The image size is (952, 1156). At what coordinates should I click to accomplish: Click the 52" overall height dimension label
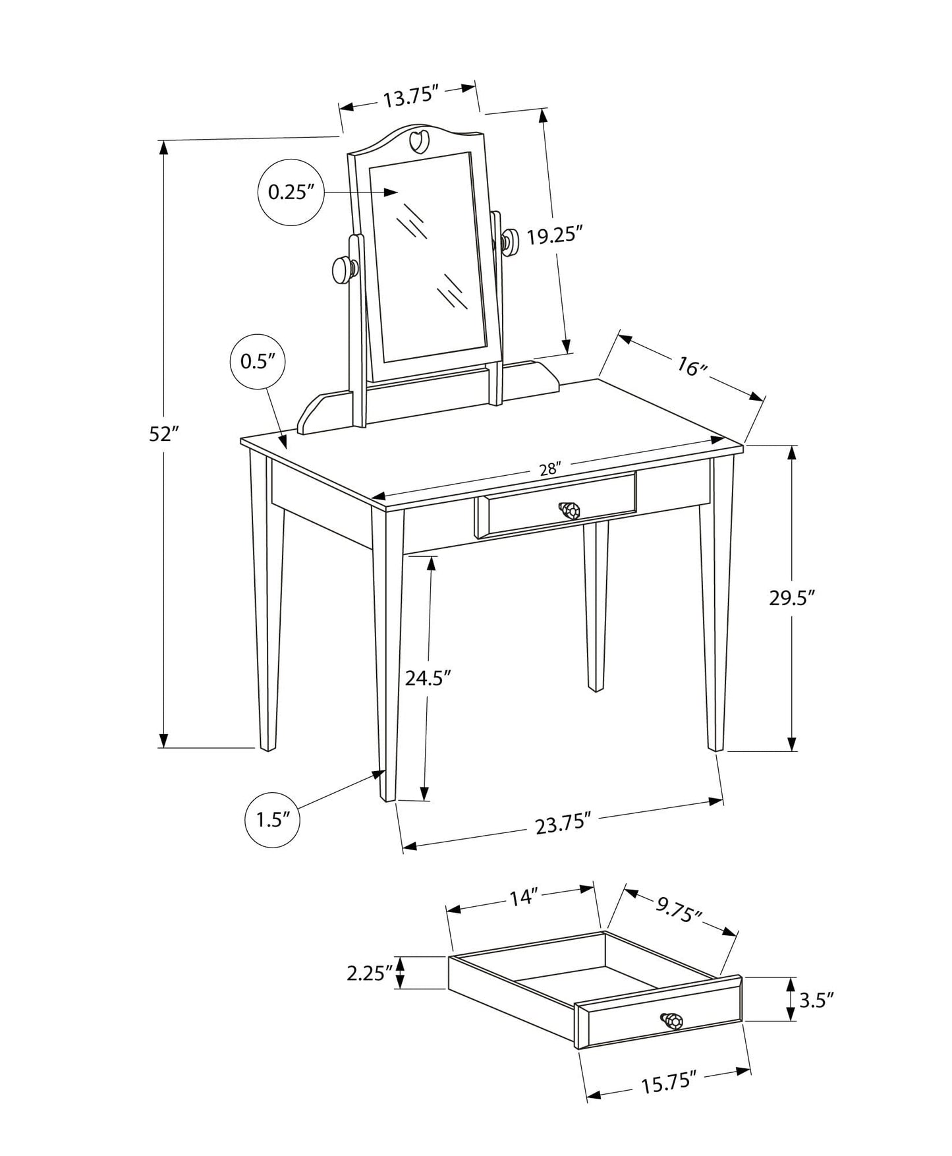click(x=164, y=434)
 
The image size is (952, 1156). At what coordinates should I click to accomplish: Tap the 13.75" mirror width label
click(x=411, y=98)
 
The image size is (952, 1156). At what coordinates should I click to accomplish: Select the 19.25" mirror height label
click(x=555, y=235)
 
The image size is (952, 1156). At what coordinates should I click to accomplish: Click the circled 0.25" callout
click(x=291, y=192)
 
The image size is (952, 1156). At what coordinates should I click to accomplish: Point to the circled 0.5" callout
click(x=258, y=361)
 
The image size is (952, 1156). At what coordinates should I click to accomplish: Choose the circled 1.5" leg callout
click(x=273, y=820)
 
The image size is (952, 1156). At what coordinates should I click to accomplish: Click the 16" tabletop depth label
click(x=691, y=368)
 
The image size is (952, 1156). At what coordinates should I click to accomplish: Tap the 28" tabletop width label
click(x=549, y=469)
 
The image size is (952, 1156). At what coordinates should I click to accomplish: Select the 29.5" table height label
click(x=793, y=598)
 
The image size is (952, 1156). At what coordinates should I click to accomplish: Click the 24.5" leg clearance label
click(x=428, y=678)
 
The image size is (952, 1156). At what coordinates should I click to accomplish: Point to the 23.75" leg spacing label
click(x=561, y=824)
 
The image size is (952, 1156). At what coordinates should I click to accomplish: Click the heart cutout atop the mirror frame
click(x=418, y=140)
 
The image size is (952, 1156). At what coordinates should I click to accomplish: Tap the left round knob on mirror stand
click(x=343, y=270)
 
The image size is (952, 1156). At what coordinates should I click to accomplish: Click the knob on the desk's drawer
click(x=569, y=510)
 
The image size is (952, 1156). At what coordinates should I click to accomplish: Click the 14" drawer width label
click(x=524, y=898)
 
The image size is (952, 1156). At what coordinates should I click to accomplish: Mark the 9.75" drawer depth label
click(x=679, y=911)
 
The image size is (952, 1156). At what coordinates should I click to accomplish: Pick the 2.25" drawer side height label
click(x=370, y=973)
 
